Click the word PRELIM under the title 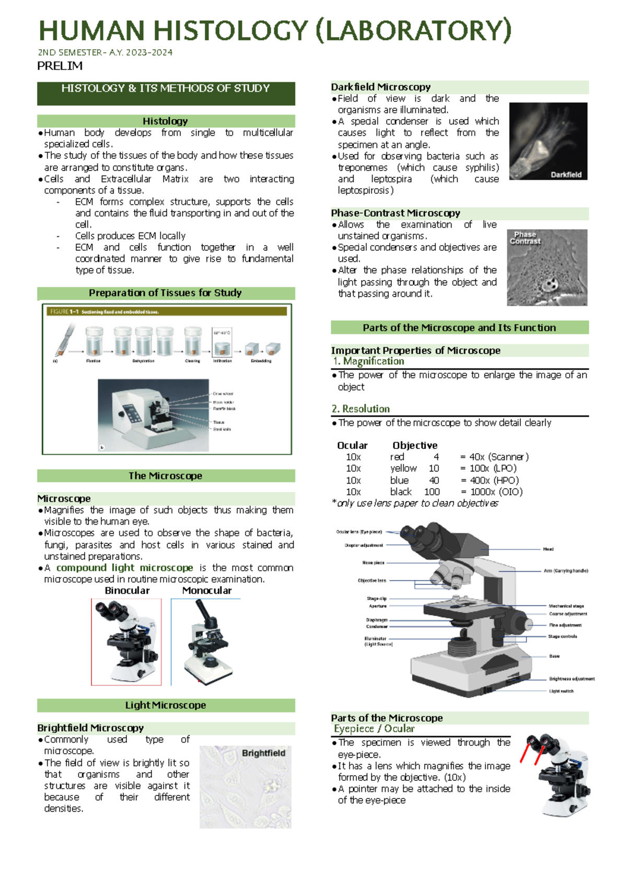[60, 66]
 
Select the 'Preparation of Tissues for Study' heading [165, 293]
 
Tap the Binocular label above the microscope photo [127, 591]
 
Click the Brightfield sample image [245, 787]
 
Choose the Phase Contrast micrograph [547, 268]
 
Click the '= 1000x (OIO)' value [491, 492]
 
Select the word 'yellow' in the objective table [403, 468]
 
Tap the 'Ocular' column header [352, 445]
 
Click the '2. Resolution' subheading [361, 409]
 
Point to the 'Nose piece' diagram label [373, 563]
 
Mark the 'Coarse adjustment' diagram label [568, 614]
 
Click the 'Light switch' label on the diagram [561, 691]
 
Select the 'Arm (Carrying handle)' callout [566, 571]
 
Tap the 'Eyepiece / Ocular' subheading [374, 729]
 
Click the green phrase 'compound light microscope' [124, 568]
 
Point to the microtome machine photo [153, 416]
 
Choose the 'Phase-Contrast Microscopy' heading [396, 213]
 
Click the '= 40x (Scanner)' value [494, 457]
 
